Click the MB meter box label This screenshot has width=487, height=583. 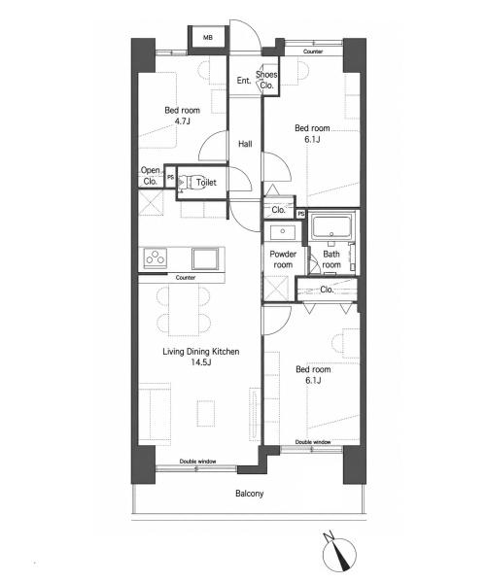click(208, 38)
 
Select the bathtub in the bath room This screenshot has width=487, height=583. click(331, 226)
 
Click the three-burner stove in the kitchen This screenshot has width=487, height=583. click(156, 257)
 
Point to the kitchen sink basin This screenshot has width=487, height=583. click(205, 258)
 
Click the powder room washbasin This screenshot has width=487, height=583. click(283, 232)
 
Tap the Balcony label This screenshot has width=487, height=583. click(249, 494)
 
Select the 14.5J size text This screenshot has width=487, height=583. click(200, 362)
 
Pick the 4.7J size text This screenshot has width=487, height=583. click(183, 121)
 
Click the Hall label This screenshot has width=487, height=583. click(245, 144)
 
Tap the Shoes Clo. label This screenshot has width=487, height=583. click(266, 80)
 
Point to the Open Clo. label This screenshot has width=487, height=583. click(151, 176)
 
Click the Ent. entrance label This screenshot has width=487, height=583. click(244, 80)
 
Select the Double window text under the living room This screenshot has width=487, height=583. click(197, 462)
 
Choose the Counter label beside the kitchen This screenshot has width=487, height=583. click(186, 277)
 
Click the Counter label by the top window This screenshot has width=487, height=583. click(313, 51)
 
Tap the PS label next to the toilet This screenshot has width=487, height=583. click(170, 178)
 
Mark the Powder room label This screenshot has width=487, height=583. click(283, 259)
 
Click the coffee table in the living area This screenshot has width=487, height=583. click(206, 413)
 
